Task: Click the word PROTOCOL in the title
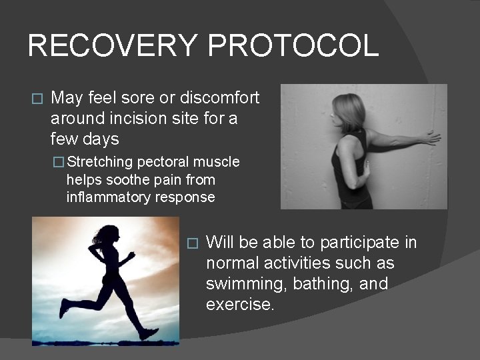point(293,46)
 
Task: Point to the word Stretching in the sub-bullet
point(101,162)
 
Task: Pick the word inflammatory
point(109,197)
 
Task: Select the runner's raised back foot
point(63,308)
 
